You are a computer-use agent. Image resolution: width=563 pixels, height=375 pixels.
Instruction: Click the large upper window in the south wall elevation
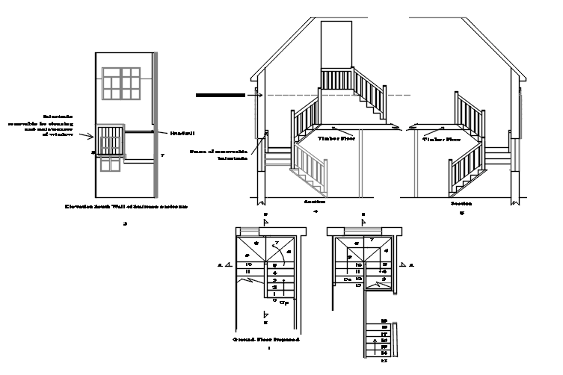pos(122,82)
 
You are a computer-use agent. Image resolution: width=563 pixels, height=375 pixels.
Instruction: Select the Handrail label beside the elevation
pos(182,133)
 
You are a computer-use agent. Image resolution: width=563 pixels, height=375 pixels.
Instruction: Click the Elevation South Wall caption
pos(126,205)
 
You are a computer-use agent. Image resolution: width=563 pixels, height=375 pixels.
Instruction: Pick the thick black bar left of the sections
pos(220,96)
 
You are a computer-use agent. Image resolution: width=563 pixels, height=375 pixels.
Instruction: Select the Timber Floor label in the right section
pos(441,140)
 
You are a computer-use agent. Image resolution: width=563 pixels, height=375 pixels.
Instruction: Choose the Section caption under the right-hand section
pos(461,203)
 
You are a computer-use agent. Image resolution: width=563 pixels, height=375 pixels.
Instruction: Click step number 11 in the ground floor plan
pos(247,271)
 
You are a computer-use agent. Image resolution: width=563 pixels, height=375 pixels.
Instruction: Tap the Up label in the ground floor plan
pos(284,302)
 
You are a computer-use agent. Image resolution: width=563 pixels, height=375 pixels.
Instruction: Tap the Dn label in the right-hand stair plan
pos(347,279)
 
